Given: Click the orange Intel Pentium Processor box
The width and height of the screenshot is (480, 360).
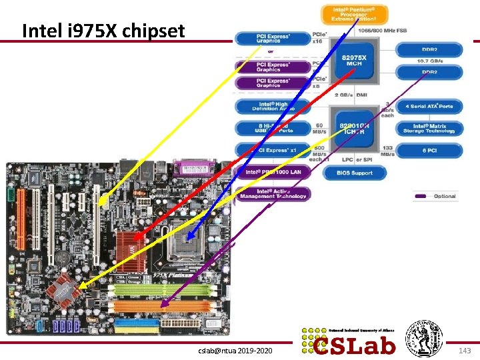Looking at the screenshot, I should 354,14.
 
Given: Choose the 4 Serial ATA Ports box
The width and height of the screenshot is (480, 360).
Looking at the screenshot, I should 429,106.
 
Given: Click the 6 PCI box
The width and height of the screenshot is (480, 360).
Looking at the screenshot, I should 429,150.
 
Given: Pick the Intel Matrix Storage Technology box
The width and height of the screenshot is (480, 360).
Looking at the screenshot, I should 429,128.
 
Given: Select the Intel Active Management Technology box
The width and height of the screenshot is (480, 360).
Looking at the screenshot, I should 272,193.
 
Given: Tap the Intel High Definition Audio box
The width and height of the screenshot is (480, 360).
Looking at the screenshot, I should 272,106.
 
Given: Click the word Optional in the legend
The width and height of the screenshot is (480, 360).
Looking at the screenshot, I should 445,196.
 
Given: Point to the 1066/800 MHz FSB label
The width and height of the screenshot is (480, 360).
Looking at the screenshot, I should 383,31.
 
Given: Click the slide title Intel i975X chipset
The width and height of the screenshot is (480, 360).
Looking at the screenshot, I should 103,31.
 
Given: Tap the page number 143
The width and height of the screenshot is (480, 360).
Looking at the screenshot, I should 465,350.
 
